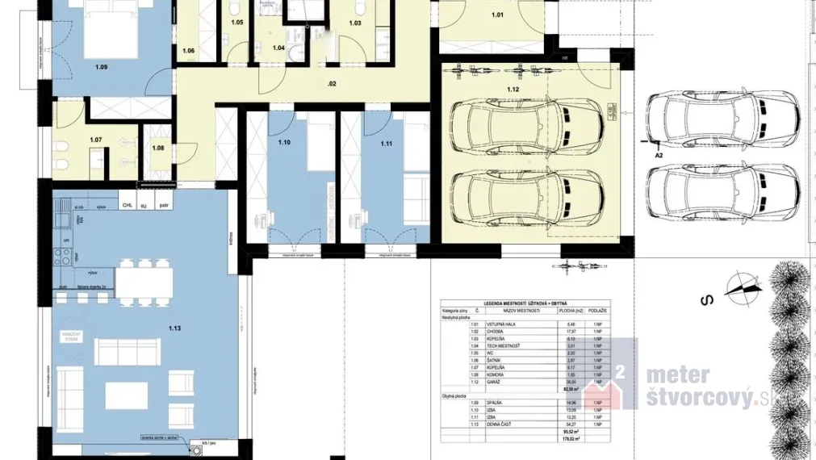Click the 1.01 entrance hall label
pos(497,15)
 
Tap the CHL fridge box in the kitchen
pos(127,205)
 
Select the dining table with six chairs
pos(144,282)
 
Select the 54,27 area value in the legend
pos(571,424)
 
